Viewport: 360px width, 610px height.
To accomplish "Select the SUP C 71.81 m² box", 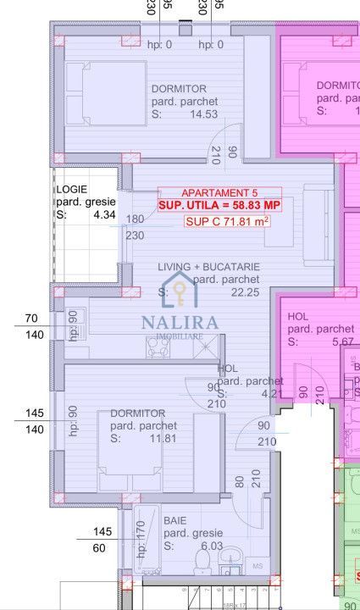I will (x=226, y=222).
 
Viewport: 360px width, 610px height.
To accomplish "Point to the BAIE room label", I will (x=175, y=520).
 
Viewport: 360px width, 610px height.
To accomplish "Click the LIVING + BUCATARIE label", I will (x=208, y=267).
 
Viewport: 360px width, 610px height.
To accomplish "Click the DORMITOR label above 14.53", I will (x=179, y=89).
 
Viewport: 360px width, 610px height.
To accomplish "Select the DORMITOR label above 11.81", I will (x=138, y=413).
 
